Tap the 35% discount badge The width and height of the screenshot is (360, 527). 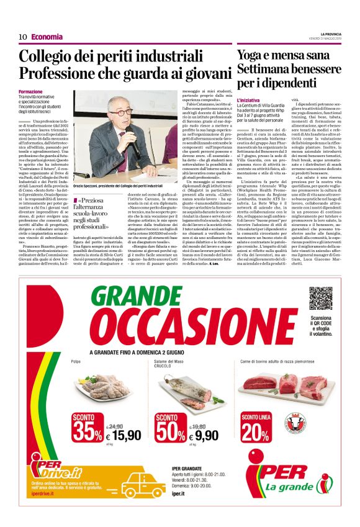[87, 428]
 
